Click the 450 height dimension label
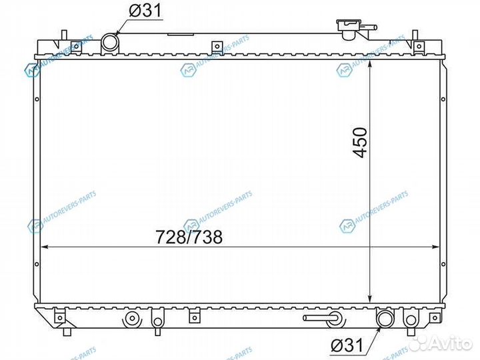(360, 143)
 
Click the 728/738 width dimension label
(189, 237)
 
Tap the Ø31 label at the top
(145, 11)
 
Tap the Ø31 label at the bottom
(347, 345)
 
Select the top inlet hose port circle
(109, 43)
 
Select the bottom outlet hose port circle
(385, 319)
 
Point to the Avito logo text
(451, 344)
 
